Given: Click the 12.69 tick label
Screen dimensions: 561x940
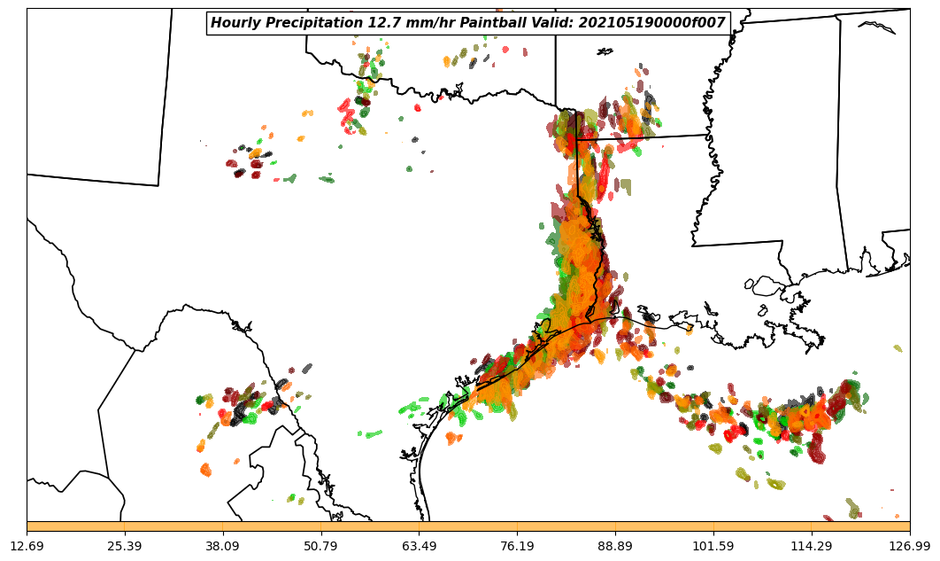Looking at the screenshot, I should (x=27, y=547).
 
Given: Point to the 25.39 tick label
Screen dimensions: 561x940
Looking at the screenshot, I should (x=125, y=547).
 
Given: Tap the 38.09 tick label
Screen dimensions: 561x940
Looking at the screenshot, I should (x=223, y=547).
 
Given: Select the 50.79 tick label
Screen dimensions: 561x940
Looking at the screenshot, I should (x=321, y=547).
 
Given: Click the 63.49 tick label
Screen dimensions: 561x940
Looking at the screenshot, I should (x=420, y=547).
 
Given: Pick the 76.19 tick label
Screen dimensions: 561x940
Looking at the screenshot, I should (x=517, y=547).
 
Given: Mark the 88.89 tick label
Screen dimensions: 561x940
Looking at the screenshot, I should (x=615, y=547).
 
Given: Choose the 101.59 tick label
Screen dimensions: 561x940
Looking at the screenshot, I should (x=713, y=547).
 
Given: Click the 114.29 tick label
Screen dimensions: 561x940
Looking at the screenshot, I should (x=812, y=547).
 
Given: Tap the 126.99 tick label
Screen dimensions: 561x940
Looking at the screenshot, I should (x=909, y=547).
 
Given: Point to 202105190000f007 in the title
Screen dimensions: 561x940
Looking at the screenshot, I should (x=651, y=23).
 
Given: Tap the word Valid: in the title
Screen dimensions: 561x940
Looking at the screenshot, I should (x=551, y=23).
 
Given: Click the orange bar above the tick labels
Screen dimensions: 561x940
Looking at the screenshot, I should (x=468, y=526).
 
